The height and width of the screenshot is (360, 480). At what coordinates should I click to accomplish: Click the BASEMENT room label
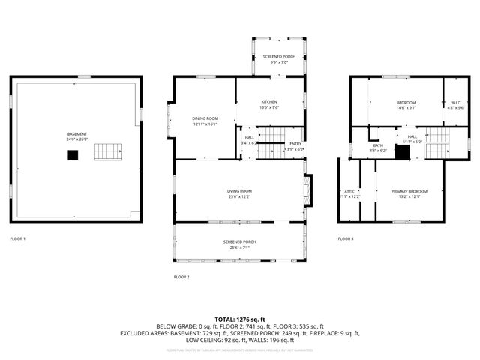pos(77,134)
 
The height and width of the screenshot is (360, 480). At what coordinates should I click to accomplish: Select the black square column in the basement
pos(73,155)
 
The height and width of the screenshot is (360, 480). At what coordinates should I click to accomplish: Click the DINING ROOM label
pos(205,118)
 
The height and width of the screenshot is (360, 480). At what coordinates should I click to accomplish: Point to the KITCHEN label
pos(269,102)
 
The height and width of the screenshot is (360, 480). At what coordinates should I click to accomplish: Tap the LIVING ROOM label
pos(239,192)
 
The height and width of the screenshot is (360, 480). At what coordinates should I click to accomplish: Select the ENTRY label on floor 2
pos(296,145)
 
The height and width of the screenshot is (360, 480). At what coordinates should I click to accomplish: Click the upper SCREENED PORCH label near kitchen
pos(279,57)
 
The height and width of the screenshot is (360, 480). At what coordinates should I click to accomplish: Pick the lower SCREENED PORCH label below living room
pos(239,241)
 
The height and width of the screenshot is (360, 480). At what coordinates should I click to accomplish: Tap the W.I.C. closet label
pos(455,103)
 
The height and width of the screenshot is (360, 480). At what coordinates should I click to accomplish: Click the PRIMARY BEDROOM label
pos(409,191)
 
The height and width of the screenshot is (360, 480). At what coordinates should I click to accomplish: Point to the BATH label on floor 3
pos(378,145)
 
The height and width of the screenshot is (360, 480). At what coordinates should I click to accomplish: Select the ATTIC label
pos(349,191)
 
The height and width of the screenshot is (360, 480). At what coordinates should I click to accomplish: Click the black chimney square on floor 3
pos(403,152)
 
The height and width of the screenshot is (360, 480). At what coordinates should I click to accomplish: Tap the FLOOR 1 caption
pos(17,238)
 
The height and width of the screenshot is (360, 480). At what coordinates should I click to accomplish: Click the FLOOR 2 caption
pos(181,277)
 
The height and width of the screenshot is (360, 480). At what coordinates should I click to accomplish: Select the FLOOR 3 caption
pos(345,238)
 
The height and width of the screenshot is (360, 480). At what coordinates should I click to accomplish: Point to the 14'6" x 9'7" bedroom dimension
pos(406,108)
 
